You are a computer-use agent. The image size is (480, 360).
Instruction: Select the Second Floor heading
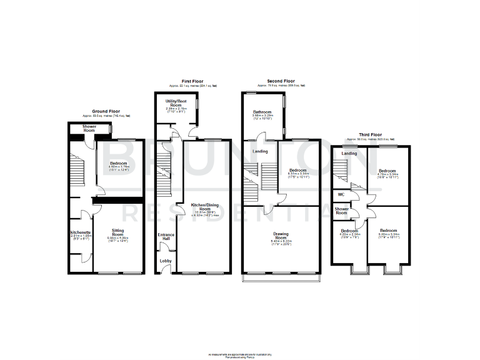click(x=280, y=81)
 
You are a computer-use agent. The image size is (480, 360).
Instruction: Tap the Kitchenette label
click(x=81, y=232)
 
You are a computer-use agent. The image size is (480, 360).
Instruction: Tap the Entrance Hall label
click(x=166, y=237)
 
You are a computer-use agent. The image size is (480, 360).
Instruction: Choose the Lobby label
click(x=166, y=261)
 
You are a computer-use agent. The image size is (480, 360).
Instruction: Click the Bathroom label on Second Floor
click(x=262, y=112)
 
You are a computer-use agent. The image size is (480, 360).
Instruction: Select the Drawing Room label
click(x=281, y=236)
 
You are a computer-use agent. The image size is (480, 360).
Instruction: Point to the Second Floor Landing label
click(x=260, y=151)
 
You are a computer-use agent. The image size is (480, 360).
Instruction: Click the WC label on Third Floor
click(x=341, y=194)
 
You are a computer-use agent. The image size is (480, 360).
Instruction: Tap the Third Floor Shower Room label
click(x=341, y=211)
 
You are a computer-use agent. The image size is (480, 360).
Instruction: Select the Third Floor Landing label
click(x=349, y=153)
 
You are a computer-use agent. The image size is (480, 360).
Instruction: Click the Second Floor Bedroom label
click(x=297, y=170)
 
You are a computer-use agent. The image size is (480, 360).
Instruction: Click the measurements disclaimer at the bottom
click(x=240, y=354)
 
